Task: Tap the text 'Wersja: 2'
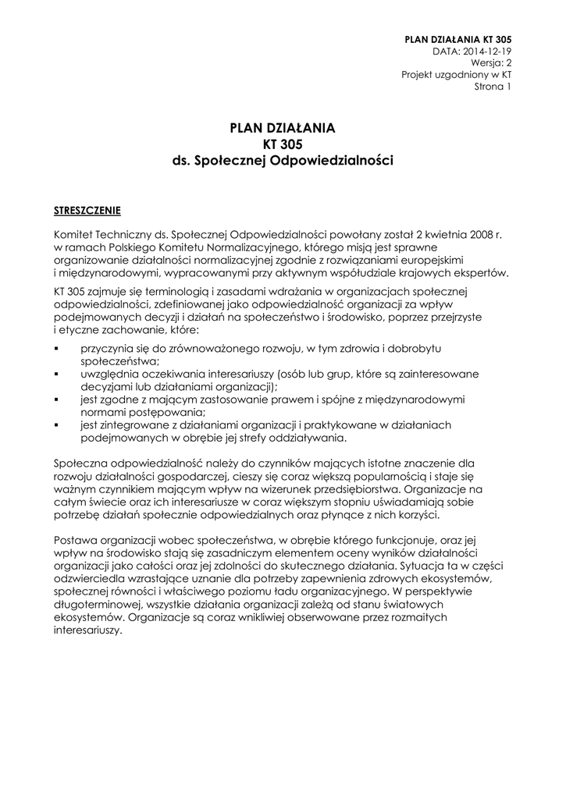click(491, 63)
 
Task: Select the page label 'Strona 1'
click(493, 87)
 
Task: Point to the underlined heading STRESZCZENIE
click(87, 210)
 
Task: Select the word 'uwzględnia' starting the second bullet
click(107, 375)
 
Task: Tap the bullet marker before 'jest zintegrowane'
click(57, 425)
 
